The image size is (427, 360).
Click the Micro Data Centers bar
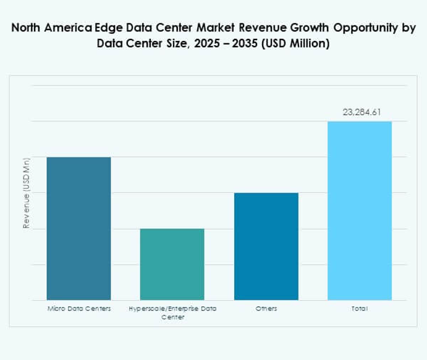click(78, 228)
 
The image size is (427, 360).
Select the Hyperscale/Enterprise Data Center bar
click(172, 264)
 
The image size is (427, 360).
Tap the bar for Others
click(266, 246)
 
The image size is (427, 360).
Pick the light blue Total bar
click(359, 210)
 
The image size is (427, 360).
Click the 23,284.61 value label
click(359, 113)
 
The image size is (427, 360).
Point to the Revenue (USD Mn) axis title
click(27, 193)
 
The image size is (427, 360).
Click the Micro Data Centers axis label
click(78, 308)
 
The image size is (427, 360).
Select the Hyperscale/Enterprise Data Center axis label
click(172, 312)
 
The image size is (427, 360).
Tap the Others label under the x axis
click(266, 308)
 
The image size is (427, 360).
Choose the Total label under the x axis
click(359, 308)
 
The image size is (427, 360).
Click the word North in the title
click(32, 28)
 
